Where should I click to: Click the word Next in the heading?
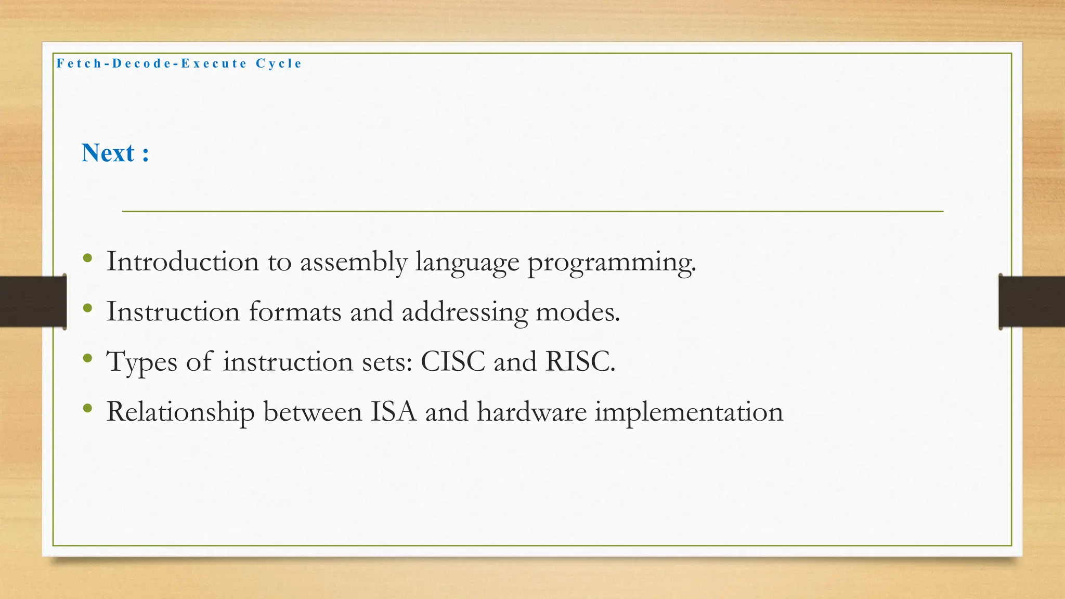(108, 153)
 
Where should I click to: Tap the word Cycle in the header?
(279, 63)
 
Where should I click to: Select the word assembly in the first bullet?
(353, 262)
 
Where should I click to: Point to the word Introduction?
(183, 261)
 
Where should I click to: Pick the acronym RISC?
(580, 361)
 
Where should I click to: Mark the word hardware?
(531, 411)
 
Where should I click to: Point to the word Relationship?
(180, 412)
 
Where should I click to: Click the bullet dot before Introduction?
(87, 258)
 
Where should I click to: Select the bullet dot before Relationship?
(87, 409)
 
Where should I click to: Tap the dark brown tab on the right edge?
(1032, 302)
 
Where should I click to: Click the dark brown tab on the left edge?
(33, 302)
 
